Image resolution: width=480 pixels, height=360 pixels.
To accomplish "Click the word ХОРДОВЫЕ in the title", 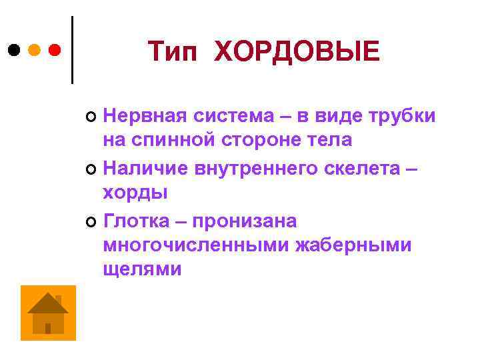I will click(x=297, y=51).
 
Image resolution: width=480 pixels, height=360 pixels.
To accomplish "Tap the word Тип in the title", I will click(x=172, y=51).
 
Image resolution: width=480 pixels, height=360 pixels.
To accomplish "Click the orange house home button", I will click(x=48, y=313).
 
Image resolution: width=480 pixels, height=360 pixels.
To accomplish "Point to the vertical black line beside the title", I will click(x=71, y=50).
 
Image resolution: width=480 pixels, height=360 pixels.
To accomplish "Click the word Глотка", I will click(x=137, y=220).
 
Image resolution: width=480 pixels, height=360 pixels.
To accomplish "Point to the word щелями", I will click(x=142, y=269).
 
